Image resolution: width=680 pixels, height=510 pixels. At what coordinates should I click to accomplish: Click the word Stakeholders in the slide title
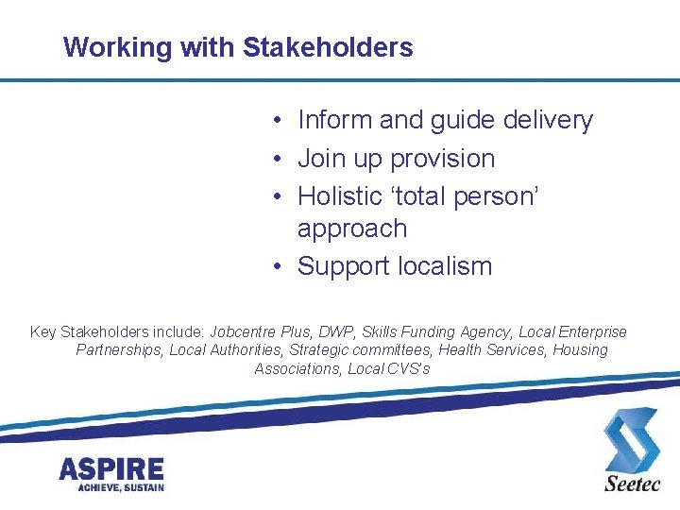coord(328,47)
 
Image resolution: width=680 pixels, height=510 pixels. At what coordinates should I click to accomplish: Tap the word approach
coord(351,229)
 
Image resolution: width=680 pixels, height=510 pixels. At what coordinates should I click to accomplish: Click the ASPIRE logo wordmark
coord(111,468)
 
